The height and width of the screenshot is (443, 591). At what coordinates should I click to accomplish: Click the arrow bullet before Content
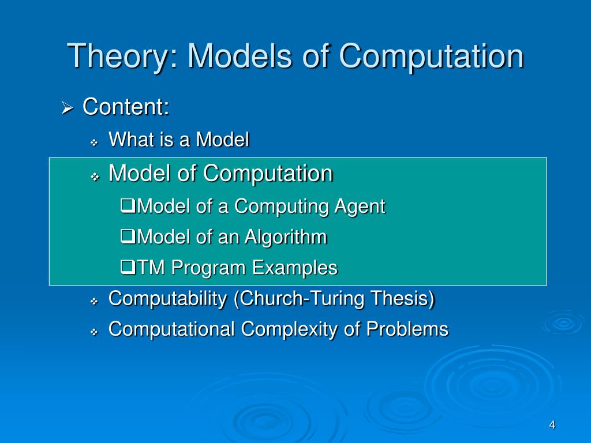(67, 108)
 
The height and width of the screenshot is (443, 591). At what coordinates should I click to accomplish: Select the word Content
(126, 107)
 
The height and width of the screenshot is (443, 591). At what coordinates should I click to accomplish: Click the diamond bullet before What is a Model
(95, 142)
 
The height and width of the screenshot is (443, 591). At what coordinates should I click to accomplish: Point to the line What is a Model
(179, 140)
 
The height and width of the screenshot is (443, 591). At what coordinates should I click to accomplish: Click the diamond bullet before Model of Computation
(95, 175)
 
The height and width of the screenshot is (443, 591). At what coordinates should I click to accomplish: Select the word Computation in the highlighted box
(268, 173)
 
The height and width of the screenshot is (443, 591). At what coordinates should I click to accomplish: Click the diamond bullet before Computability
(95, 301)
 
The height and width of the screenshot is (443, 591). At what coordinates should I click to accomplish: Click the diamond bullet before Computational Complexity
(95, 331)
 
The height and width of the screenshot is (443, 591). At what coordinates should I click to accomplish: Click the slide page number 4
(552, 425)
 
